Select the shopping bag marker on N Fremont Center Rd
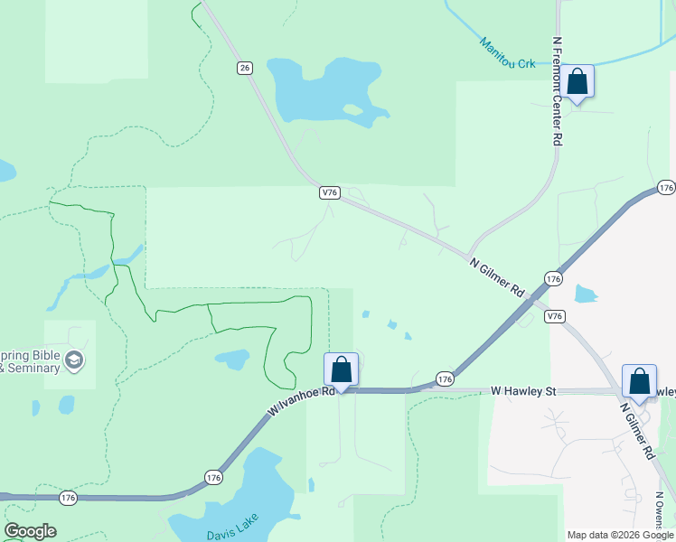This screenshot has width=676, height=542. coord(577,82)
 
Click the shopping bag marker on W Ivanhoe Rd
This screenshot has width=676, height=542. coord(341,370)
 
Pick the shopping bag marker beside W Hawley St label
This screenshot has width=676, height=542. coord(639,382)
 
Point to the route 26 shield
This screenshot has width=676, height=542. coord(244,68)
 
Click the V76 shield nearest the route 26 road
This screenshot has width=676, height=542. coord(329,192)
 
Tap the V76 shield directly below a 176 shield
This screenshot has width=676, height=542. coord(555,316)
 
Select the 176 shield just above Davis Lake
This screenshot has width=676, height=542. coord(212,477)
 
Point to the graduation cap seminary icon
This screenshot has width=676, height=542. coord(74,361)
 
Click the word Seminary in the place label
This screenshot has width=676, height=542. coord(36,368)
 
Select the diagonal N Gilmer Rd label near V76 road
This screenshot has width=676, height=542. coord(497,277)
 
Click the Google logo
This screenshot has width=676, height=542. coord(30,531)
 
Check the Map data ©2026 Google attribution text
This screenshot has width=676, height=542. coord(620,535)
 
